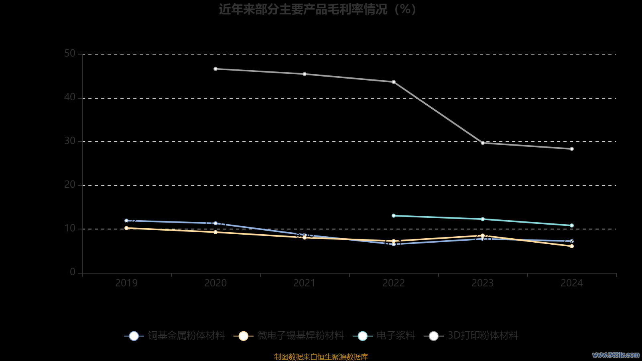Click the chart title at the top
[x=317, y=9]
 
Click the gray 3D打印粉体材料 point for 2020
[x=215, y=69]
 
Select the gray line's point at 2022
[x=394, y=82]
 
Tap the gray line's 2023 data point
[x=483, y=143]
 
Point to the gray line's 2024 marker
[x=572, y=149]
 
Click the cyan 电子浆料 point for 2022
[x=394, y=216]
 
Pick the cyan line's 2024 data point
[x=572, y=225]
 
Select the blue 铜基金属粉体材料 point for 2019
[x=126, y=221]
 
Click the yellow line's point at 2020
[x=215, y=232]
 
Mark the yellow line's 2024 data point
[x=572, y=246]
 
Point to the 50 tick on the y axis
[x=70, y=54]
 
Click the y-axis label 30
[x=70, y=141]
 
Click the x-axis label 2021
[x=305, y=283]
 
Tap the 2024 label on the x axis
[x=572, y=283]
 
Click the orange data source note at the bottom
[x=321, y=357]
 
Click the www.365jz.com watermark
[x=616, y=355]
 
